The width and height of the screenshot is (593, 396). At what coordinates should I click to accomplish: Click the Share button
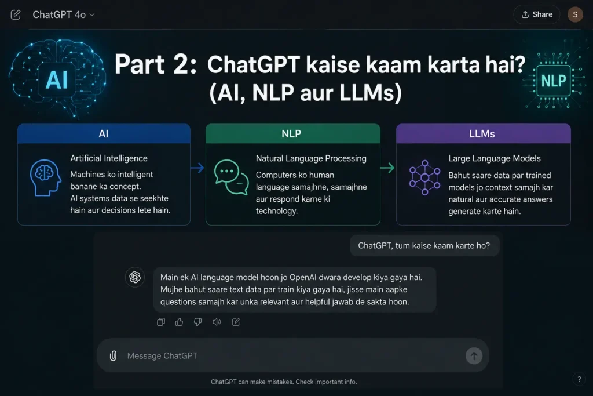537,14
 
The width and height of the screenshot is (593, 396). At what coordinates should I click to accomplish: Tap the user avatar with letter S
575,14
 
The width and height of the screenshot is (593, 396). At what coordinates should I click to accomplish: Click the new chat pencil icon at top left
16,14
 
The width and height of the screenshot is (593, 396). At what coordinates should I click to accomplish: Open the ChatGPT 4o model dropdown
64,14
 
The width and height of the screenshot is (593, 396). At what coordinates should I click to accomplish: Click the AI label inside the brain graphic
57,80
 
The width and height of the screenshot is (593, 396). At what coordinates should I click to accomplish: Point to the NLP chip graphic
554,81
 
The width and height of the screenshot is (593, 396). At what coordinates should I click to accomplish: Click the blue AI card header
104,133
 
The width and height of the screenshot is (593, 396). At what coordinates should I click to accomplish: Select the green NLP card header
292,133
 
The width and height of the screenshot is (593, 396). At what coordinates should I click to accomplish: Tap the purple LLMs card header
484,133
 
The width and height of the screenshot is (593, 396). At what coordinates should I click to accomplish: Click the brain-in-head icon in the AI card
45,177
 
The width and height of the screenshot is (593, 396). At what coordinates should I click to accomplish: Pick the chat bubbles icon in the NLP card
231,177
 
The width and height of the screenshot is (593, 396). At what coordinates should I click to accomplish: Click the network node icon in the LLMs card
424,177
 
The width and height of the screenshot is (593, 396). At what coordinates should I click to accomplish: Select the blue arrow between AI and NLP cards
197,168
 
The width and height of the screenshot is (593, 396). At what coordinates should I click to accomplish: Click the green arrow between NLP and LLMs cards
387,168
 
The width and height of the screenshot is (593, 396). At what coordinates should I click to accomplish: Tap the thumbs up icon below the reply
180,322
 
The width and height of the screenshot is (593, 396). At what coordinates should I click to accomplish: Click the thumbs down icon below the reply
198,322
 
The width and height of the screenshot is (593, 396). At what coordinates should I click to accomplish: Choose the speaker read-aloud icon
217,322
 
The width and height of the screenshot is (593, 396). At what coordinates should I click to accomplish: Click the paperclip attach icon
113,356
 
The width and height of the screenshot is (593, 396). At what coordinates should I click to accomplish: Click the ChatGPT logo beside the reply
134,277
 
